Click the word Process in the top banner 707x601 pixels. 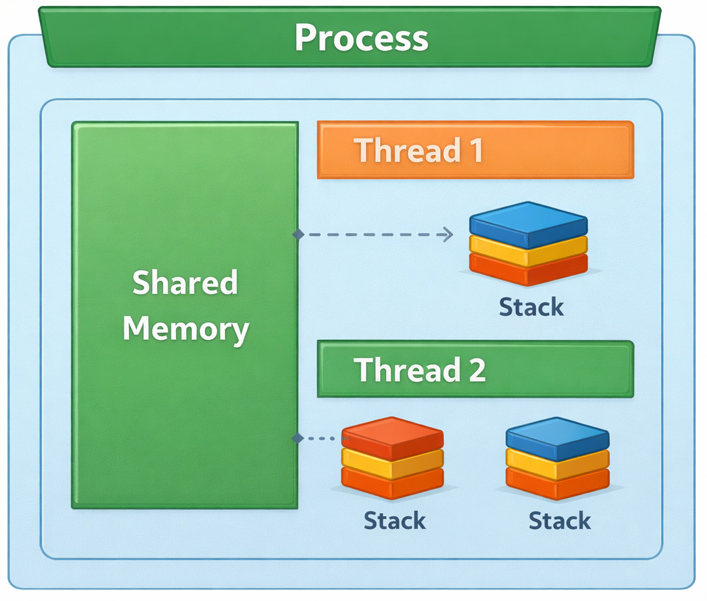click(x=361, y=38)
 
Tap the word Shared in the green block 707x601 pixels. click(x=184, y=283)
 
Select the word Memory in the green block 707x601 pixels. click(x=186, y=329)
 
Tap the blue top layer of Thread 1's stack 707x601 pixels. click(x=528, y=223)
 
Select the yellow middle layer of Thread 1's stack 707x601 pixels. click(x=528, y=250)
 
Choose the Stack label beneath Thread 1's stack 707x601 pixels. click(x=531, y=307)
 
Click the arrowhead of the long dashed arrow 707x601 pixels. click(x=449, y=234)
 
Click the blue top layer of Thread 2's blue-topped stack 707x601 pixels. click(x=557, y=436)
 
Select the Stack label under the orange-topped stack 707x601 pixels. click(x=394, y=520)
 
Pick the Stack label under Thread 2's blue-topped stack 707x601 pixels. click(x=559, y=520)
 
